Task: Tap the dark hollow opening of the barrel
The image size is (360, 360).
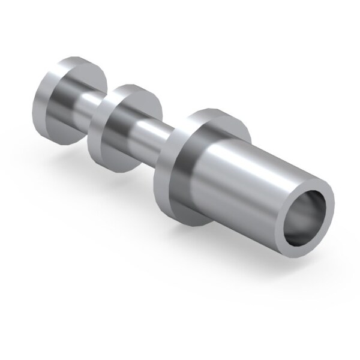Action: click(x=307, y=217)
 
